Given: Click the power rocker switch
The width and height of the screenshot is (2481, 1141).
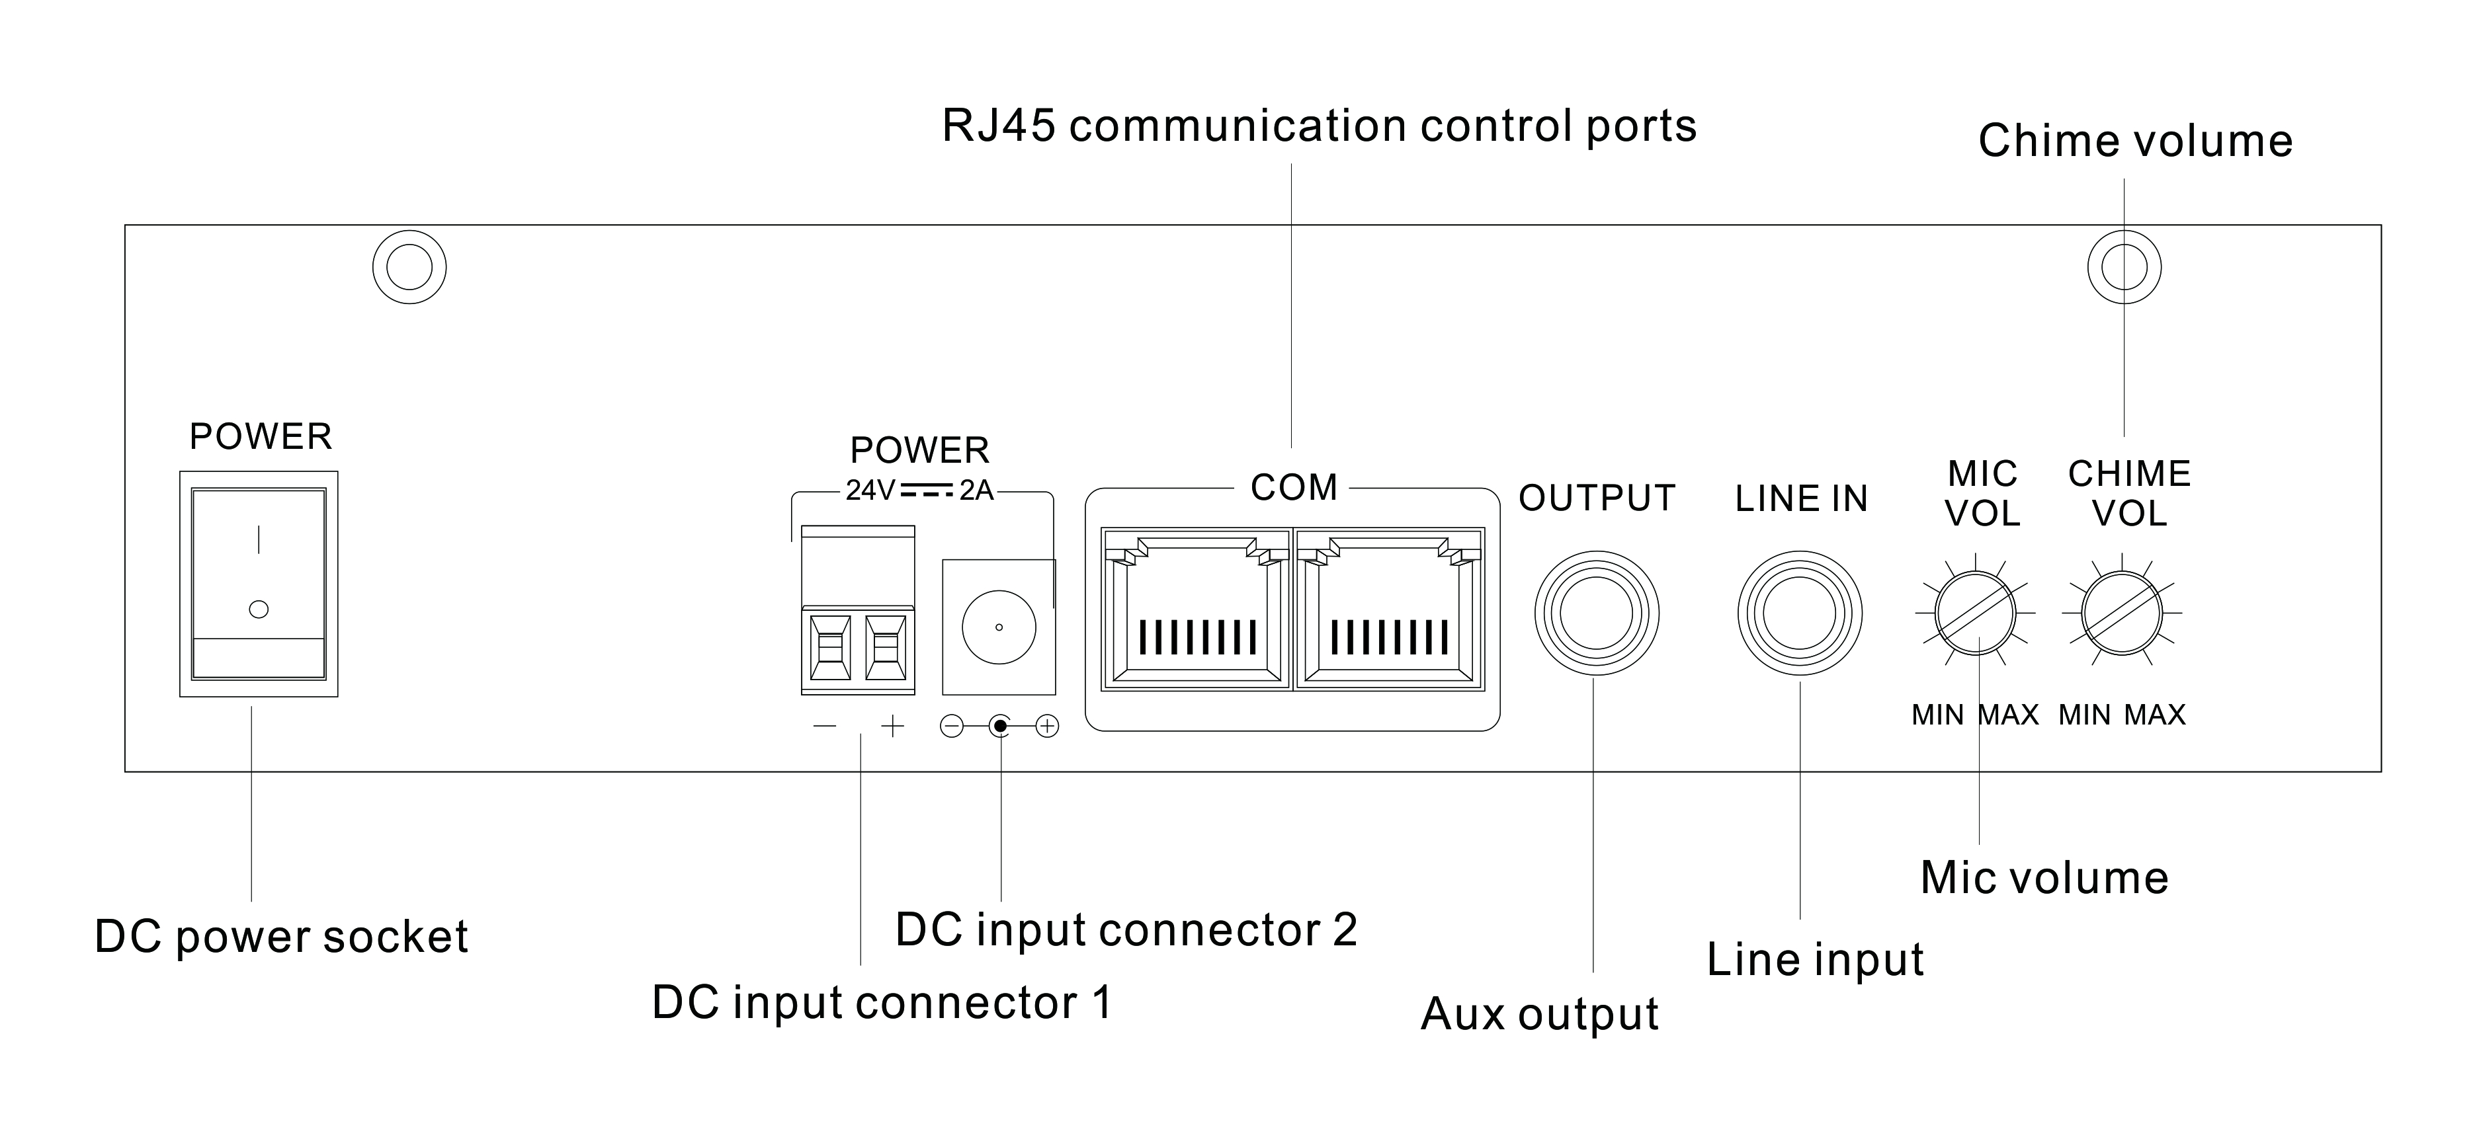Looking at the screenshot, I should [258, 584].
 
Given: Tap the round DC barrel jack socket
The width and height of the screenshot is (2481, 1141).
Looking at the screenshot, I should [999, 627].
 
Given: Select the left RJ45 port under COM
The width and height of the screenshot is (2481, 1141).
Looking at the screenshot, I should [1197, 609].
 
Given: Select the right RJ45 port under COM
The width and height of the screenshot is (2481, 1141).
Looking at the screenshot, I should [1390, 609].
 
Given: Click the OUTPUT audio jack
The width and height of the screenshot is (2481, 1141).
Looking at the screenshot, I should [1596, 613].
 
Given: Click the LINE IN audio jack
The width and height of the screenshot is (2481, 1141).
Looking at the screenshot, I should [1799, 613].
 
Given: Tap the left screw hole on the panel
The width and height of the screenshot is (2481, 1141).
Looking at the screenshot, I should [409, 266].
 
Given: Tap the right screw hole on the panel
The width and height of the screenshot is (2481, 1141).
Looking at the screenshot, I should [2124, 266].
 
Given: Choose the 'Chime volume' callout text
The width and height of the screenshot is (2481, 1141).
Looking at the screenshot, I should [2134, 141].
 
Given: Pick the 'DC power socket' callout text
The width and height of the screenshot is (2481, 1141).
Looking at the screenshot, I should [281, 937].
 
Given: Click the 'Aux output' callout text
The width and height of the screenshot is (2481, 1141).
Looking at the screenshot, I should [1539, 1014].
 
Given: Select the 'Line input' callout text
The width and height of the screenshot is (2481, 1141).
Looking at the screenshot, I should [1814, 960].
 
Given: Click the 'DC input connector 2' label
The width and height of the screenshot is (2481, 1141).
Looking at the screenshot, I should [1126, 930].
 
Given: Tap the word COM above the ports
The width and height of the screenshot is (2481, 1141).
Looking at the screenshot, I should [1294, 488].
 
